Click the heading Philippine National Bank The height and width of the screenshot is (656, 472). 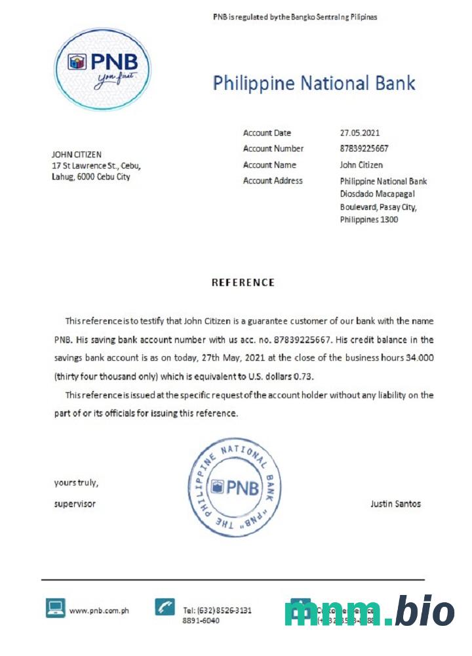pos(314,83)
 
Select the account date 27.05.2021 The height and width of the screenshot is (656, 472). pos(360,133)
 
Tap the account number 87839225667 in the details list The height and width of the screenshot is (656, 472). pos(364,149)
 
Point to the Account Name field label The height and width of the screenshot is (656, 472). pos(269,165)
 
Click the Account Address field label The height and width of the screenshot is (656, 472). pos(273,181)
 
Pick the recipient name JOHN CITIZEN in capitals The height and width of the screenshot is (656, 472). pos(77,155)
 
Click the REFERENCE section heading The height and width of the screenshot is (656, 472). pos(243,283)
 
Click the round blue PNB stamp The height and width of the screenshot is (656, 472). pos(235,487)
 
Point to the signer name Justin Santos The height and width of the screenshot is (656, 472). pos(395,504)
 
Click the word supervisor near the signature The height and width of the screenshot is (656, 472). pos(75,504)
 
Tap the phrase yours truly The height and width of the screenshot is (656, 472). pos(76,483)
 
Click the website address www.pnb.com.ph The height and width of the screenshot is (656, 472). pos(99,611)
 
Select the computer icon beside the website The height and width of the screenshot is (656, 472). pos(56,608)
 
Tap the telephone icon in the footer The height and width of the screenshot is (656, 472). pos(165,607)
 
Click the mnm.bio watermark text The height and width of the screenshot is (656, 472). pos(369,612)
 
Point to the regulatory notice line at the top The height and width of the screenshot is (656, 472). pos(295,17)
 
